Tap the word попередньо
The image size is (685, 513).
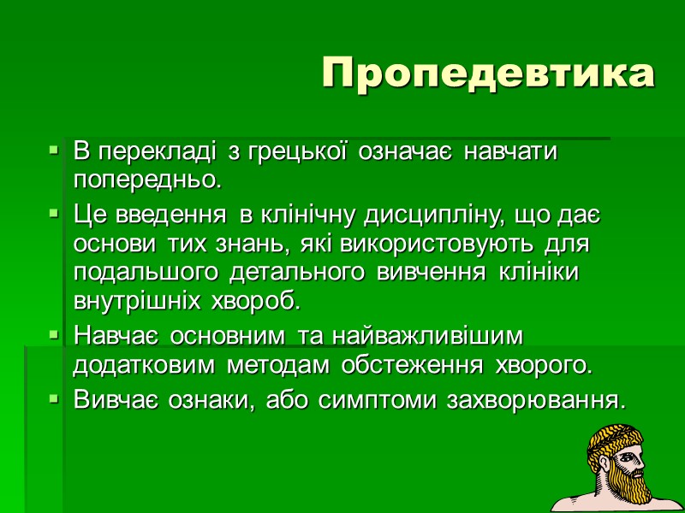[147, 181]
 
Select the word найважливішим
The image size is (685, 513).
[420, 334]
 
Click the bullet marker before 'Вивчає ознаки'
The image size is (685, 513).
[53, 398]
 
